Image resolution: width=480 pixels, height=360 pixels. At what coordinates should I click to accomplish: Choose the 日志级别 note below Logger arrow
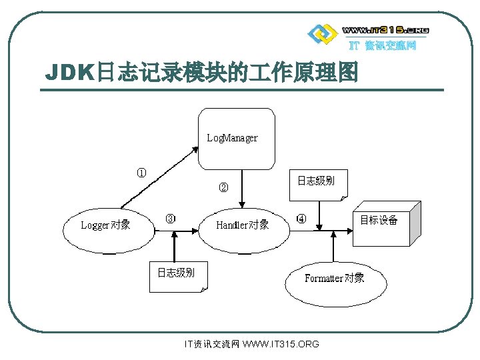(x=177, y=276)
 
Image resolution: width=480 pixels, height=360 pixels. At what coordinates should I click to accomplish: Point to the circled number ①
(x=142, y=173)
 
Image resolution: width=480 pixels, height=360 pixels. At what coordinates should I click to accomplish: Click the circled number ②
(x=223, y=187)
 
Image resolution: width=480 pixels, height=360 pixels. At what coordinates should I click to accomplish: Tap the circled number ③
(x=171, y=219)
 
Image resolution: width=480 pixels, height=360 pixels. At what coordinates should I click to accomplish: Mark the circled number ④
(x=301, y=219)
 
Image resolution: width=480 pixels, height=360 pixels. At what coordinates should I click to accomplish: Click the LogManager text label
(x=232, y=138)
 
